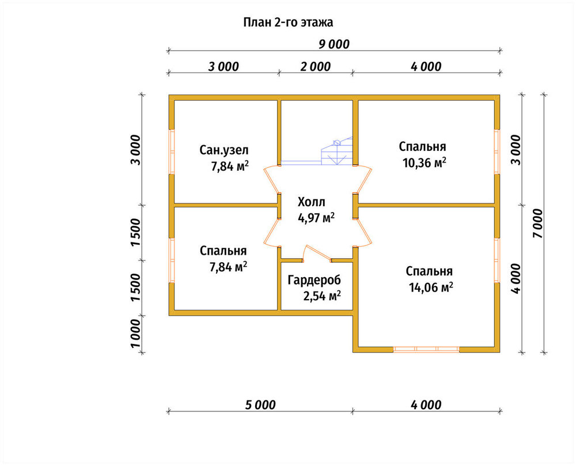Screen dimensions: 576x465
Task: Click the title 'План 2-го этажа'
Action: [288, 22]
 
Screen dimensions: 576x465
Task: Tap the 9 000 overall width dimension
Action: [334, 44]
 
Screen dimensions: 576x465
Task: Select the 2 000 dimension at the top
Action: [316, 66]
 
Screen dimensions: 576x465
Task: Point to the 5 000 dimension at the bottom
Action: [260, 405]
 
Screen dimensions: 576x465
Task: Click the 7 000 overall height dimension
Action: [537, 223]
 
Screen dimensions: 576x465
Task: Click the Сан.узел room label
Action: [224, 150]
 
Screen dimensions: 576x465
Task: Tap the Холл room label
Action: [312, 202]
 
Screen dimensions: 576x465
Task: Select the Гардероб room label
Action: [314, 280]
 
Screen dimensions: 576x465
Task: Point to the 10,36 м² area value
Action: [425, 162]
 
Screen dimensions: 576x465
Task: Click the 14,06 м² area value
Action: [431, 287]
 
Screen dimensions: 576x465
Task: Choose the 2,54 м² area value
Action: [322, 296]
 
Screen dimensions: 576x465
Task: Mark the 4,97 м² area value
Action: [316, 218]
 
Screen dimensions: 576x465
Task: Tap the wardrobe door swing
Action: [316, 254]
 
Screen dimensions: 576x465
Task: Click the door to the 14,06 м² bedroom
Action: [362, 232]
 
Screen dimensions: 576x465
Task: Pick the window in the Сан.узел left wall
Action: [172, 152]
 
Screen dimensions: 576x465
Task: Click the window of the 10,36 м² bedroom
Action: [497, 152]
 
